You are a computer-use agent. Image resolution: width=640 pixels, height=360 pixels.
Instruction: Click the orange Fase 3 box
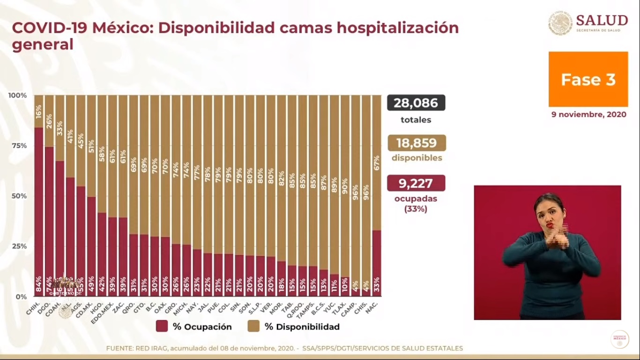588,79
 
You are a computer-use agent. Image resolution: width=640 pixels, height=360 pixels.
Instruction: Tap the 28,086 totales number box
416,103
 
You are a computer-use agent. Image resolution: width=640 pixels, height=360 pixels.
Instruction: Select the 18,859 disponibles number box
416,143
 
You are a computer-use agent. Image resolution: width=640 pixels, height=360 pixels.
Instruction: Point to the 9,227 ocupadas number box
416,183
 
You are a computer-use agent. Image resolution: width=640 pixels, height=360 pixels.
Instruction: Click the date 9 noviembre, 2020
588,114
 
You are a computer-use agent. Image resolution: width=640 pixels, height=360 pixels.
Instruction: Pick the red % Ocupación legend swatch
162,327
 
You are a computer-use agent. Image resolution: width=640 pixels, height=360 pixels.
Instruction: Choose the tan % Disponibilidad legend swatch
253,327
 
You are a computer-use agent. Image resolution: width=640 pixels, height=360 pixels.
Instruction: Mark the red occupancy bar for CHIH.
39,211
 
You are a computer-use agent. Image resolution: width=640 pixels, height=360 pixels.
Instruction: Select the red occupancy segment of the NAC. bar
376,262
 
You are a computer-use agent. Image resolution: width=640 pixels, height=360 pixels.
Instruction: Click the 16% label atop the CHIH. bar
39,111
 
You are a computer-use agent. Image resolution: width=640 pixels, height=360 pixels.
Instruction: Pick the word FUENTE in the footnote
119,348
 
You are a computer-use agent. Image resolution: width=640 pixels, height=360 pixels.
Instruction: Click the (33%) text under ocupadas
416,209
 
